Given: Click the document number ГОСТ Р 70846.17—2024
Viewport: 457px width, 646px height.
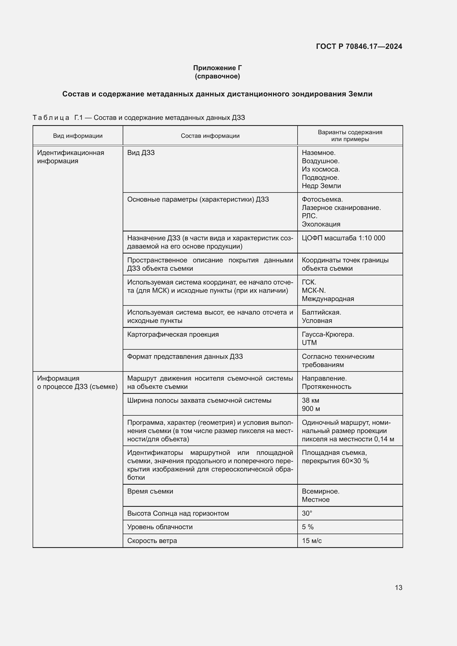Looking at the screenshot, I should point(359,46).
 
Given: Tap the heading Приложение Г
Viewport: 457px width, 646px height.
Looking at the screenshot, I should point(217,68).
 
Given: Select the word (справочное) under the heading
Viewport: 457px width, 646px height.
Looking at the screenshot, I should point(217,76).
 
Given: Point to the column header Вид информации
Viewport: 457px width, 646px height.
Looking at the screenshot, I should point(78,136).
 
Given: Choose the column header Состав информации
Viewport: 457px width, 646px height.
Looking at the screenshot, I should point(210,136).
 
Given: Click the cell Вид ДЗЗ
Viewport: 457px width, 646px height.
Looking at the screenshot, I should point(141,153).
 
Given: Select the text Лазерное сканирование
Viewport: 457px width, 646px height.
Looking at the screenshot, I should point(341,208).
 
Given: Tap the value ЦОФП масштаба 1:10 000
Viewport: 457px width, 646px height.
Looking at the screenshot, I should point(343,238).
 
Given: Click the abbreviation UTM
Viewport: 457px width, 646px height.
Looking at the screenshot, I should point(309,343).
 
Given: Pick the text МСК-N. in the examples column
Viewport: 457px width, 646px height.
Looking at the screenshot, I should point(314,290).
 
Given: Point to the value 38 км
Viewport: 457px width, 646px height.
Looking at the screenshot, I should point(310,400).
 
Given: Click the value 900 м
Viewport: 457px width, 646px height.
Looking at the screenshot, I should point(311,408).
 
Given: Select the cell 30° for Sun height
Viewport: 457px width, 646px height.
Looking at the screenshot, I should point(307,513).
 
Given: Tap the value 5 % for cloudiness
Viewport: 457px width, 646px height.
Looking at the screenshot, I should point(308,527).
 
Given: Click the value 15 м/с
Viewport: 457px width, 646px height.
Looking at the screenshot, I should point(311,541).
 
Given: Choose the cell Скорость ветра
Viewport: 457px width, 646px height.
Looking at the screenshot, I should point(152,541).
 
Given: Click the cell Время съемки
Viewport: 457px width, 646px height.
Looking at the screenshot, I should point(150,491).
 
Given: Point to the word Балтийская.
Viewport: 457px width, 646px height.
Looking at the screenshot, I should point(321,312).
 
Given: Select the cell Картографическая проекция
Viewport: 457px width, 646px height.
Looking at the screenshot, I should point(173,334).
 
